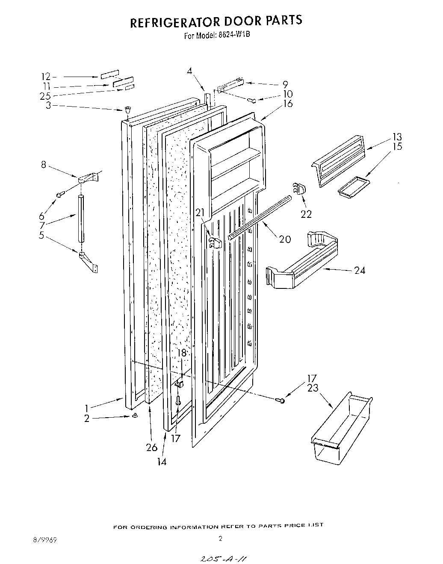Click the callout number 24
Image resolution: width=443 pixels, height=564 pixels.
[359, 270]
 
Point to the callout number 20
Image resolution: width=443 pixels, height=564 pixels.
[285, 239]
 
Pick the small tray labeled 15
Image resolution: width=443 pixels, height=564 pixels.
[353, 188]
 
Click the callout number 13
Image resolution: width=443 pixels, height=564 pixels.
[397, 137]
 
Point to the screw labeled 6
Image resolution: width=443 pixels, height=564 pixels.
[60, 194]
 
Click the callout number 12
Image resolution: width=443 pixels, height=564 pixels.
[46, 77]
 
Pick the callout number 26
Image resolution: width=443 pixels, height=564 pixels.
[151, 448]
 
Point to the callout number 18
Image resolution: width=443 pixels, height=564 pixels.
[182, 353]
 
